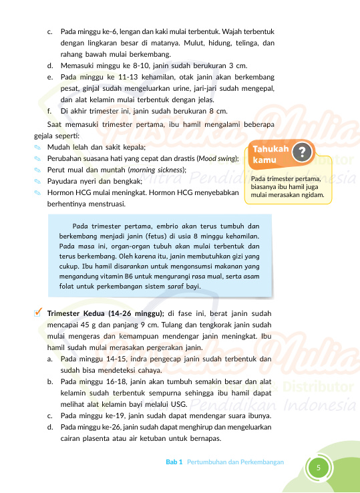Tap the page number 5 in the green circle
point(319,467)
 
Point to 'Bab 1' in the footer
point(174,462)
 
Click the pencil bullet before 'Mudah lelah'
point(37,146)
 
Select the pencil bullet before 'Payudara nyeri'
point(37,182)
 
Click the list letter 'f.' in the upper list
point(50,110)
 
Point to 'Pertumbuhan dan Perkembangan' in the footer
point(236,462)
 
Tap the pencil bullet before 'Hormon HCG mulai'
point(37,194)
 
